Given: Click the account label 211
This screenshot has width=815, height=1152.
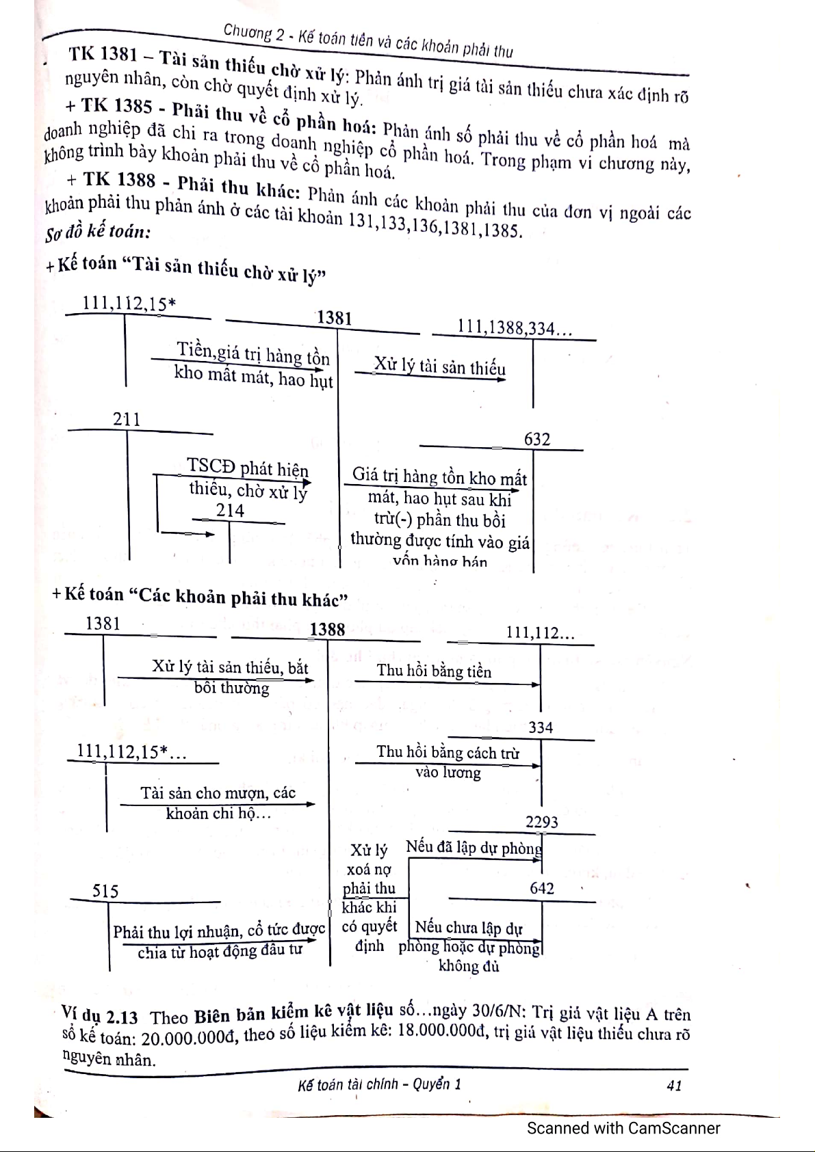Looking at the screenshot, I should coord(127,419).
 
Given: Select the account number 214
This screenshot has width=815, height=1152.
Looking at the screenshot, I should coord(230,511).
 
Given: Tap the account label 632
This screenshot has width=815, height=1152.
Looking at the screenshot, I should coord(537,440).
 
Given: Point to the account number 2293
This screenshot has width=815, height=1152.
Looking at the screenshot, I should coord(542,822).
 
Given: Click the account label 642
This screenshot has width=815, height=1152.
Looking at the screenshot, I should coord(542,888).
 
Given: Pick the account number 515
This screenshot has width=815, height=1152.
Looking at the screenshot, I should coord(105,891).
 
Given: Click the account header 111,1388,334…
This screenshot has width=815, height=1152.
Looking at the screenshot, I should coord(515,328).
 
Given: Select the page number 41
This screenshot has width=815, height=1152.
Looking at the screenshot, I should coord(674,1085).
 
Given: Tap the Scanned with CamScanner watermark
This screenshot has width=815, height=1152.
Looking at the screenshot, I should coord(623,1128).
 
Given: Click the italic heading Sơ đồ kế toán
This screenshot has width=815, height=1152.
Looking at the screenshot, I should coord(98,233).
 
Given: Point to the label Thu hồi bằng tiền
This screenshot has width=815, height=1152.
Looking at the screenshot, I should coord(434,671).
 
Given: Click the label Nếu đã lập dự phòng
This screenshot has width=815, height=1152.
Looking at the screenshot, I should coord(474,848).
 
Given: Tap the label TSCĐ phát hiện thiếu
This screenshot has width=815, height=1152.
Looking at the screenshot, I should coord(248,468).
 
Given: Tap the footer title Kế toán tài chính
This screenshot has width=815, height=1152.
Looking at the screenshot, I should coord(350,1084).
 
